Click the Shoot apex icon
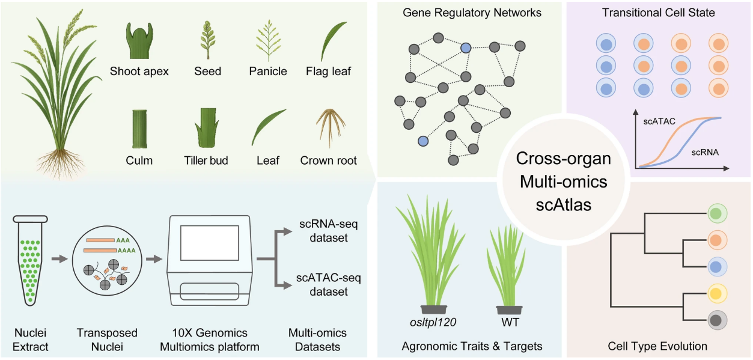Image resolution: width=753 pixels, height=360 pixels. [x=139, y=41]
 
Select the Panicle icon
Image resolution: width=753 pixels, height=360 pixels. [x=268, y=41]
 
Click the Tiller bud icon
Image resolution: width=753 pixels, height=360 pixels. [x=207, y=127]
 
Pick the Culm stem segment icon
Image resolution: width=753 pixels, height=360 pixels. [x=139, y=128]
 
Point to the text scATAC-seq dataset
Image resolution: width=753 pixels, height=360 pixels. [x=329, y=285]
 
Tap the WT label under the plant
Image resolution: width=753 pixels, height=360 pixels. [x=509, y=322]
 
